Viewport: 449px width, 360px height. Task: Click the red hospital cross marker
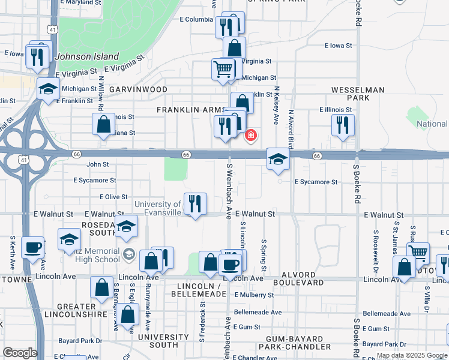tap(250, 135)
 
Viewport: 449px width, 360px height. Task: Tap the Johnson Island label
tap(79, 57)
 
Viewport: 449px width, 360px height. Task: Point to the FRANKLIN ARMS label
tap(190, 110)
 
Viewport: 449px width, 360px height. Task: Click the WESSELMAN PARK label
tap(358, 94)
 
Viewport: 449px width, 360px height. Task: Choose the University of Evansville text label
tap(157, 208)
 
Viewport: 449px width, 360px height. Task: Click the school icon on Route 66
tap(279, 159)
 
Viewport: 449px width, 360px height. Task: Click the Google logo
tap(20, 353)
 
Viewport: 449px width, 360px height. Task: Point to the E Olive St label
tap(113, 197)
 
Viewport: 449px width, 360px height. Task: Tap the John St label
tap(98, 164)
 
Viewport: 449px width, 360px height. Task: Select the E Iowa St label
tap(338, 46)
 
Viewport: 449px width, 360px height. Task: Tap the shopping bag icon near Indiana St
tap(104, 124)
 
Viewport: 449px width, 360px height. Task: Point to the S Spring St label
tap(264, 257)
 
